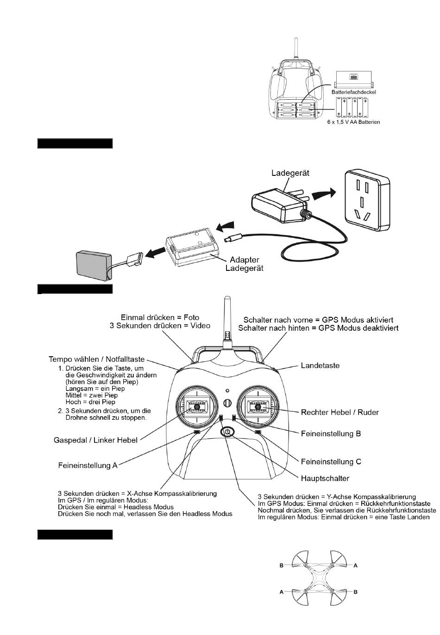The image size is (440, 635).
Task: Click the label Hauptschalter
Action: pos(325,478)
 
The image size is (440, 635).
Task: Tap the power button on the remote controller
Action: pos(227,432)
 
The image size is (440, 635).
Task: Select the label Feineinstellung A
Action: pos(88,464)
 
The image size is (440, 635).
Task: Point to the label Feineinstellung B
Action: pos(331,434)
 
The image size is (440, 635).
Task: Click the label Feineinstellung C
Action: pos(331,462)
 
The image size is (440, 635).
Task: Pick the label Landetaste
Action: pos(320,366)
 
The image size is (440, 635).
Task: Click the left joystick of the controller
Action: pos(197,407)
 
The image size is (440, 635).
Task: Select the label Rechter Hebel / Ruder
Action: pos(339,412)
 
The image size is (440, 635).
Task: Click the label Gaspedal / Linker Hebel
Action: pos(95,440)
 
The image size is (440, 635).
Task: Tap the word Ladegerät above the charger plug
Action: pos(290,173)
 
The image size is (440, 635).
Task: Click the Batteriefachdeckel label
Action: pos(353,92)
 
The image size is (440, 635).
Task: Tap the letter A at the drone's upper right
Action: pos(355,565)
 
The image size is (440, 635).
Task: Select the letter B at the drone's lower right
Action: pos(355,592)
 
